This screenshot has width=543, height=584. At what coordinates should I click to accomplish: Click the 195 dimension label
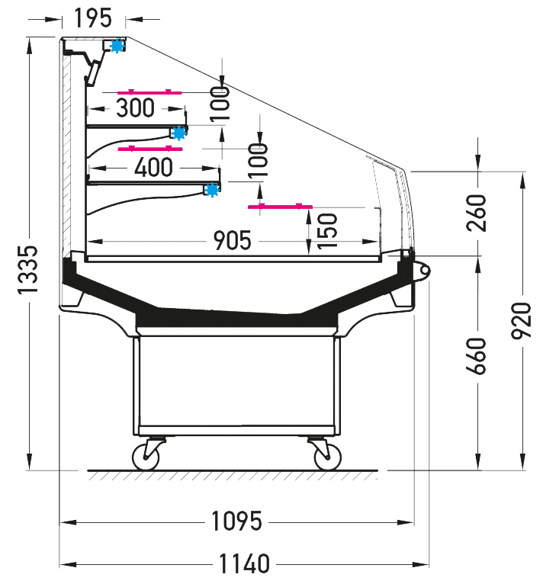[93, 18]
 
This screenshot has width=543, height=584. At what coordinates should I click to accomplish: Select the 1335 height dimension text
[28, 270]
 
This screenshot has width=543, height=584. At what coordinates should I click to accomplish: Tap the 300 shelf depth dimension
[135, 108]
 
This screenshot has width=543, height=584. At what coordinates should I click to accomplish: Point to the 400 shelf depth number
[153, 167]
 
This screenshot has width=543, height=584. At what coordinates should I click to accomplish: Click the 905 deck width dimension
[232, 240]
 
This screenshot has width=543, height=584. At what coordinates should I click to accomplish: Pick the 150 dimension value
[327, 231]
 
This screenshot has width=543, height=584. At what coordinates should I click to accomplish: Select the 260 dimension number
[477, 213]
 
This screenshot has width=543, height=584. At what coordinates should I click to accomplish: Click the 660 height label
[477, 356]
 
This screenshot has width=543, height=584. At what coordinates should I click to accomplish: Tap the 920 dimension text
[521, 321]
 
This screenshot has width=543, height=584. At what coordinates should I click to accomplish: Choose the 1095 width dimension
[236, 521]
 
